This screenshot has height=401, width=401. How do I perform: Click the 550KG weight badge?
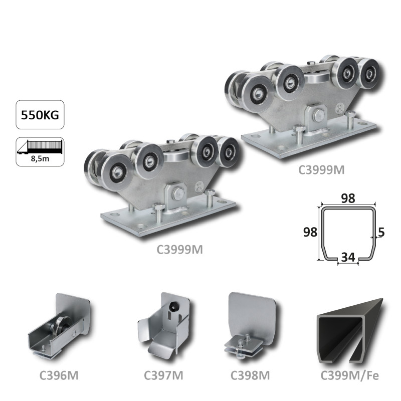pyautogui.click(x=40, y=115)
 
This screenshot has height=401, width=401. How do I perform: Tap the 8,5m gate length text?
pyautogui.click(x=40, y=158)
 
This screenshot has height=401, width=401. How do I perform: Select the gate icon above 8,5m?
pyautogui.click(x=40, y=147)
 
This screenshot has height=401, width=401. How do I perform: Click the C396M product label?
pyautogui.click(x=59, y=375)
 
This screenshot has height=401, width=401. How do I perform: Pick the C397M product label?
pyautogui.click(x=163, y=375)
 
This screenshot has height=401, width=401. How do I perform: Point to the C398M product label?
pyautogui.click(x=250, y=375)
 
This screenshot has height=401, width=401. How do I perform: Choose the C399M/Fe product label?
pyautogui.click(x=349, y=375)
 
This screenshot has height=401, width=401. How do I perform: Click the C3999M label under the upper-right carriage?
pyautogui.click(x=321, y=170)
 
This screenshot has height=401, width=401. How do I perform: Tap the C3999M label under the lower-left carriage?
pyautogui.click(x=179, y=250)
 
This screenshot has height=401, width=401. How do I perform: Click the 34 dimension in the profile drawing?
pyautogui.click(x=348, y=257)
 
